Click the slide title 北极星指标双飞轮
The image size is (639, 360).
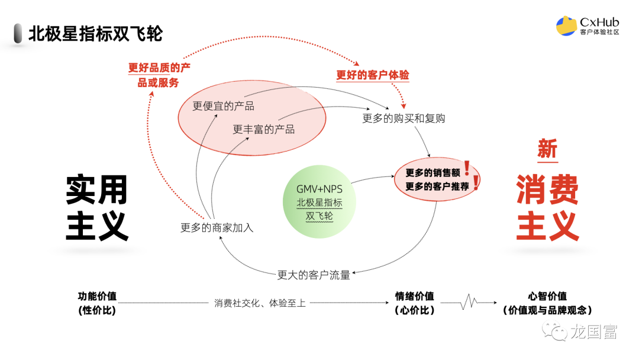[95, 33]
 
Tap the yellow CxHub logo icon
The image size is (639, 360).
[567, 25]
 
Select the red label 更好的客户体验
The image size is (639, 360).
[373, 75]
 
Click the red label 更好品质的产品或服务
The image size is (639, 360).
[159, 75]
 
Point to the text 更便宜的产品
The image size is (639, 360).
[223, 106]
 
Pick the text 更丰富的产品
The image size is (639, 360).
[263, 129]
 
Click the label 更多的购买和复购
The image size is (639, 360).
[404, 118]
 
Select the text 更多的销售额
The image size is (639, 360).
[433, 173]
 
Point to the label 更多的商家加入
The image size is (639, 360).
[217, 227]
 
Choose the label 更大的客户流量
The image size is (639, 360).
[314, 275]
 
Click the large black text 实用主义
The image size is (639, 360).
[97, 208]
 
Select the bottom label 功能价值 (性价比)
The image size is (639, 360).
[97, 303]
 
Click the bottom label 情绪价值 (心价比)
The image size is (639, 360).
[414, 303]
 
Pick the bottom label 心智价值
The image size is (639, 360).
[547, 297]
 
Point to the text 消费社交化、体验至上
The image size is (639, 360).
[260, 303]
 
